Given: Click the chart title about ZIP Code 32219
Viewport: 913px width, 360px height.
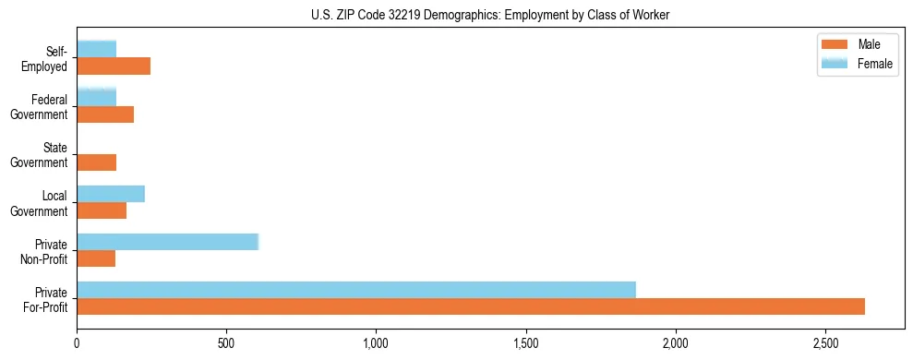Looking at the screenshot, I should [x=456, y=14].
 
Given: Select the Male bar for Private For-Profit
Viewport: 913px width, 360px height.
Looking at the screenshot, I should [x=471, y=306].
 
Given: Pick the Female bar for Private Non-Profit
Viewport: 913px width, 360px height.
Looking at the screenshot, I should [x=167, y=242].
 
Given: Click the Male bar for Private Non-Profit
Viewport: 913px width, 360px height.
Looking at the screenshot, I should [x=96, y=258].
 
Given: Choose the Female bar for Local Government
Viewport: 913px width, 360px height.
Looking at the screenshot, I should [x=111, y=194].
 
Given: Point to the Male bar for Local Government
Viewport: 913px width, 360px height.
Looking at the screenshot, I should [x=102, y=210].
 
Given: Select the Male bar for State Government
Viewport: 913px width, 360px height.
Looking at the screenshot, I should [x=96, y=162].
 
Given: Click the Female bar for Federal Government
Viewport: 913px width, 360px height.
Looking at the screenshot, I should [x=96, y=98].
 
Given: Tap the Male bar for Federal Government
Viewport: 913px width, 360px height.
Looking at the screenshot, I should [x=105, y=114].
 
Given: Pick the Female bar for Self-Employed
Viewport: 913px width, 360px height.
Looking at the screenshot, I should [x=96, y=50].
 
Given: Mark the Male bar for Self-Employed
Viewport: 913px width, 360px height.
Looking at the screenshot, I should [x=114, y=66].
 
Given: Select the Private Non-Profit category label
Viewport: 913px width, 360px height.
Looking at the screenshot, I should [x=45, y=250].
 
